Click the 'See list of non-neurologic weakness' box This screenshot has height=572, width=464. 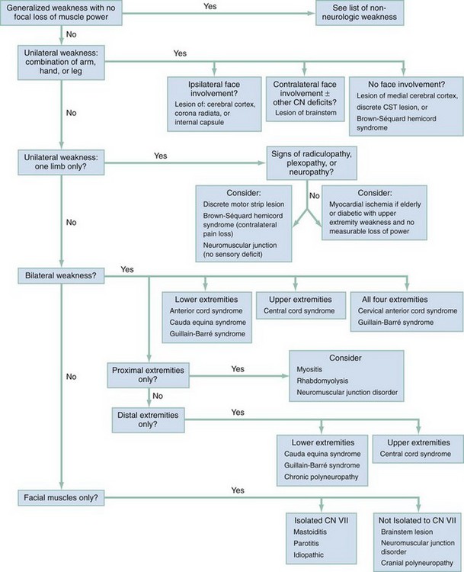point(360,12)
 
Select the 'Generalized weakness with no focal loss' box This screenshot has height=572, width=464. point(61,12)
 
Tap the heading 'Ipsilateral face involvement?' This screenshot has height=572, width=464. point(214,88)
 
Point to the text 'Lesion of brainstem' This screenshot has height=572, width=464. point(306,113)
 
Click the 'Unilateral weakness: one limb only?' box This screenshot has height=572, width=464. point(61,162)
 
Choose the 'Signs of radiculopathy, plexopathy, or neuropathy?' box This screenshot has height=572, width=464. point(312,162)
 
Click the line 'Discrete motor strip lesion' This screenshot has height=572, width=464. point(244,204)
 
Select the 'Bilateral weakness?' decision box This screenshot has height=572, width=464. point(61,275)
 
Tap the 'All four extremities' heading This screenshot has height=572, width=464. point(395,300)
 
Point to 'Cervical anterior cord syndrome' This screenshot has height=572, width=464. point(408,311)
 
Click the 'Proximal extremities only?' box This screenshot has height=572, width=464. point(148,375)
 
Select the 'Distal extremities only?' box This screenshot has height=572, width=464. point(148,420)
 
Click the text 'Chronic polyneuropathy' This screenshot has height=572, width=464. point(321,477)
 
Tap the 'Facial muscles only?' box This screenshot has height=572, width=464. point(61,497)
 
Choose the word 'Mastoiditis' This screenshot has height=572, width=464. point(310,532)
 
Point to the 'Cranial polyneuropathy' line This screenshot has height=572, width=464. point(417,564)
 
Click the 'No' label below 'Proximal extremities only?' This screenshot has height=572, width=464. point(158,396)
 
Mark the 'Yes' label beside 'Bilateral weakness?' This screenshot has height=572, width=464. point(127,269)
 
